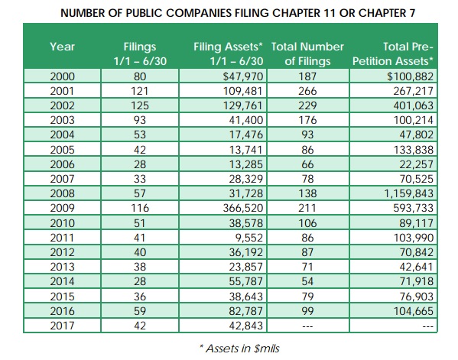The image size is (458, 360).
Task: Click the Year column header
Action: click(62, 47)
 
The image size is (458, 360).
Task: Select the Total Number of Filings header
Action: click(307, 54)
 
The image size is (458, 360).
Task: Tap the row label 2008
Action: click(62, 193)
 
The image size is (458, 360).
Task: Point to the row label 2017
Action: click(62, 326)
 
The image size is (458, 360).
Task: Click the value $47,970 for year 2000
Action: click(243, 76)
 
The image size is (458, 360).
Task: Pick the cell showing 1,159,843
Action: click(408, 193)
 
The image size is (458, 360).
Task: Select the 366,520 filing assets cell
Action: click(243, 208)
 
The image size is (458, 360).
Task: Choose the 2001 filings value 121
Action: click(140, 91)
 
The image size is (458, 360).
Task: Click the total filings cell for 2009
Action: click(307, 208)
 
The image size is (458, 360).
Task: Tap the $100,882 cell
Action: click(410, 76)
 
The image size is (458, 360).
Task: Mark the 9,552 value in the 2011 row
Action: click(249, 238)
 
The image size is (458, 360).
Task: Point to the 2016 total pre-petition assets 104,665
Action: click(414, 311)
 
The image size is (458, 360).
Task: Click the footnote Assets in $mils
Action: click(239, 349)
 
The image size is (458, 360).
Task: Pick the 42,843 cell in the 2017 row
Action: click(246, 326)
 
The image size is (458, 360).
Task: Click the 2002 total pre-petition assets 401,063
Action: click(414, 105)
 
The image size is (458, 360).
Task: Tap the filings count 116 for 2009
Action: click(140, 208)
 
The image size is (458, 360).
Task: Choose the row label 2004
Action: click(62, 135)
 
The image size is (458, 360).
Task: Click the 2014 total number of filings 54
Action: click(307, 281)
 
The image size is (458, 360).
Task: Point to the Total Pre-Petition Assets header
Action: click(393, 54)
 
